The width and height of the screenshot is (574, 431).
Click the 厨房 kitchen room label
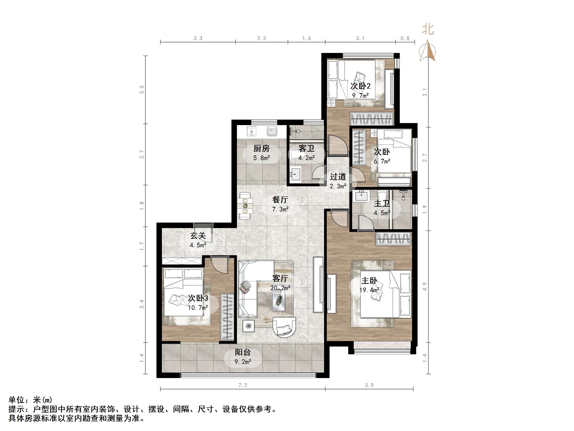point(261,149)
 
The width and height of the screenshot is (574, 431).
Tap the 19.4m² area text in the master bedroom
point(369,290)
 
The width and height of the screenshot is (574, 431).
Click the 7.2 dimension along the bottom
point(243,385)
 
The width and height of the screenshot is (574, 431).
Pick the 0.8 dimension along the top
point(405,38)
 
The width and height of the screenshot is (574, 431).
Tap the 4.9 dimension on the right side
point(425,286)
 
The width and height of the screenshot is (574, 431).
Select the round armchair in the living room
point(284,327)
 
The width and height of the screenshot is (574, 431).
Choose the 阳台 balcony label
point(243,352)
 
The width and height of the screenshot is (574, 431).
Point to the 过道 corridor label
point(338,177)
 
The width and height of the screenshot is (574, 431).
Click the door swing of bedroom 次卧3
point(220,265)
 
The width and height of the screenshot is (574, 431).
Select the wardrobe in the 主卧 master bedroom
point(393,239)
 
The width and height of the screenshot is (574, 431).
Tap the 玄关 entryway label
point(198,236)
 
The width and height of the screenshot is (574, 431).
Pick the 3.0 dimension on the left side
point(142,90)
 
